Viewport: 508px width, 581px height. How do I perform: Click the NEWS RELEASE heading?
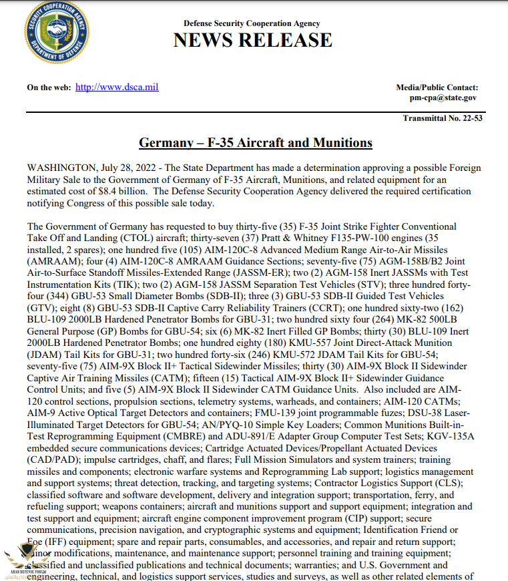(x=252, y=40)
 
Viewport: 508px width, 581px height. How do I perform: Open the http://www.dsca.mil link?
(x=117, y=87)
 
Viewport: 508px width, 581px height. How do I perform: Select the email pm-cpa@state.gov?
(x=443, y=98)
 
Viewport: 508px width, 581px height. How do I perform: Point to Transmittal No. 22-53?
(x=442, y=118)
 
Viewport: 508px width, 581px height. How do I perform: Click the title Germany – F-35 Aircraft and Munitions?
(x=255, y=143)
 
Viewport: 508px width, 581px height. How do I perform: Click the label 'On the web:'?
(x=48, y=87)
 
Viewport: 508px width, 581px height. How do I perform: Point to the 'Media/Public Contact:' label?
(x=437, y=87)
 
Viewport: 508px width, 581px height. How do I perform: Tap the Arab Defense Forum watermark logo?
(x=25, y=559)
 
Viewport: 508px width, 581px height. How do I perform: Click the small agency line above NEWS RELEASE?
(x=252, y=24)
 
